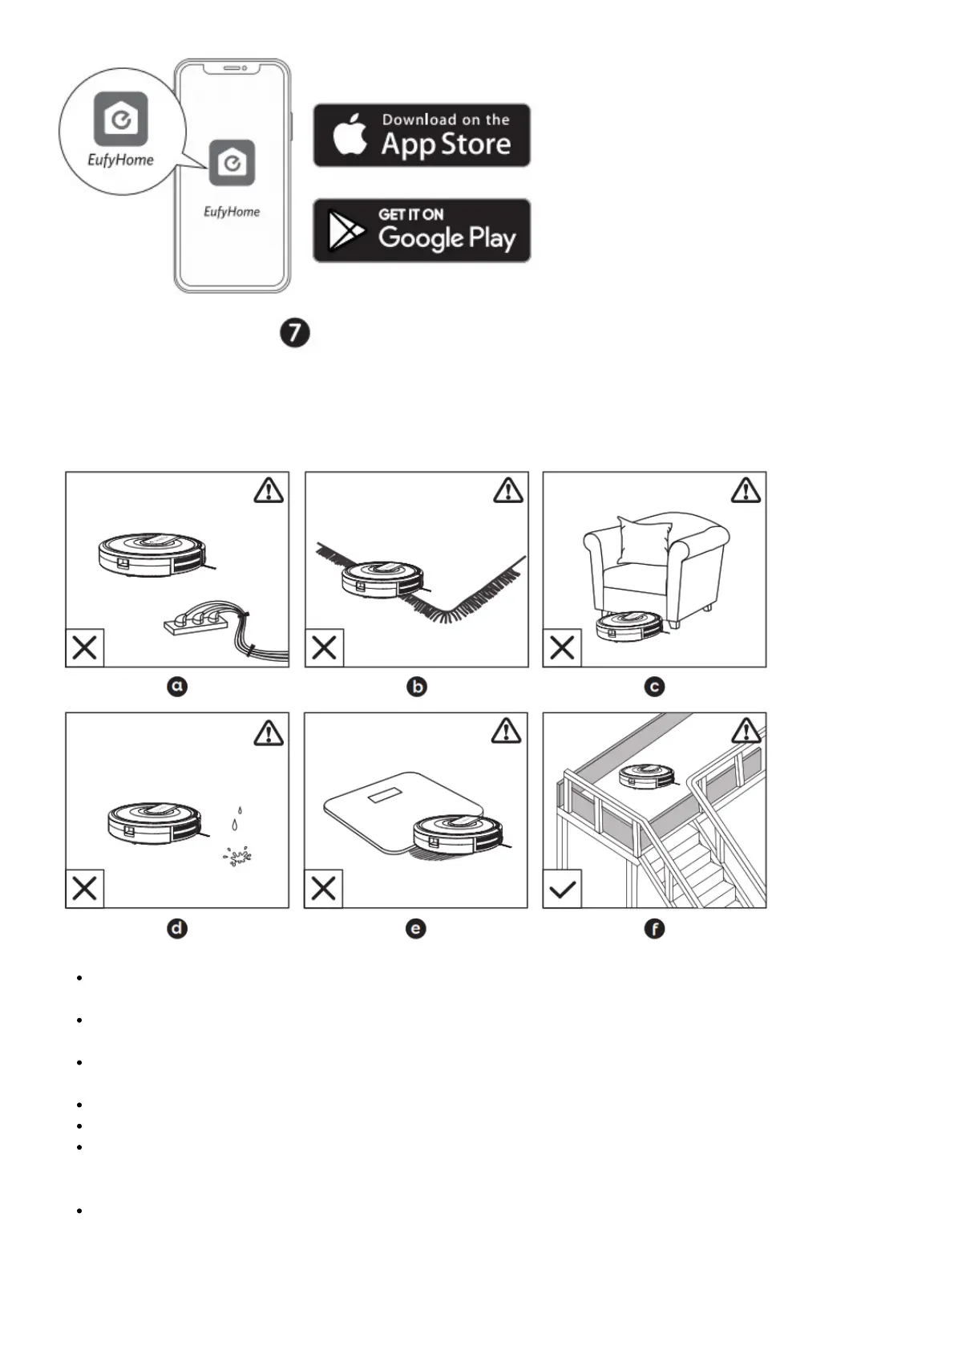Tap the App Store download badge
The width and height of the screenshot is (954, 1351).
[x=422, y=135]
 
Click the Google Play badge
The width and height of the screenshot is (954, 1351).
[x=422, y=230]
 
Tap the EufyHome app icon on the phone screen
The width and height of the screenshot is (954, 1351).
[x=232, y=163]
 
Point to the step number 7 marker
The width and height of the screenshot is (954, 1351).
[x=295, y=332]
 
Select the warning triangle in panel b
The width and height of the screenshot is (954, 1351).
[x=508, y=490]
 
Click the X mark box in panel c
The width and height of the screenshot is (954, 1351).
[x=562, y=647]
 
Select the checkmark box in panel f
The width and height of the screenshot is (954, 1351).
[x=562, y=889]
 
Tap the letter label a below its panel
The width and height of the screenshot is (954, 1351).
[x=177, y=687]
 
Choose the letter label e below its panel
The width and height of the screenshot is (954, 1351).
[x=415, y=929]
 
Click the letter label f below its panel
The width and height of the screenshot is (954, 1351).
[x=654, y=929]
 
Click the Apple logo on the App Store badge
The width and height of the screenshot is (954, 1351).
[x=350, y=134]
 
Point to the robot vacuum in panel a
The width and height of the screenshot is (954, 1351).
[x=152, y=554]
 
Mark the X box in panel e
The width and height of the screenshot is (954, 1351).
[x=323, y=889]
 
